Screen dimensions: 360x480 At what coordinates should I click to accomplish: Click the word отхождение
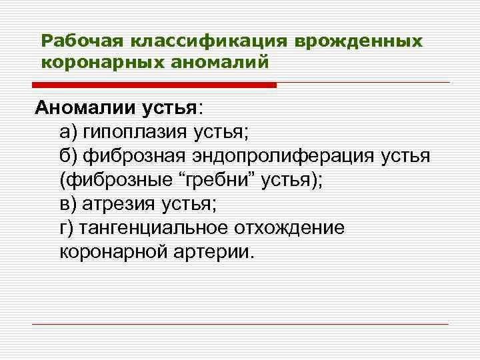pos(289,227)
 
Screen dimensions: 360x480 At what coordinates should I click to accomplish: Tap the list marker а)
pos(67,131)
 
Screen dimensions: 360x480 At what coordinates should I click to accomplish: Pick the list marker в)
pos(67,203)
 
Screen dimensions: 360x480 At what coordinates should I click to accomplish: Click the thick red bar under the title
pos(154,85)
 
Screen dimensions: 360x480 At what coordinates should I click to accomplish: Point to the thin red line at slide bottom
pos(241,325)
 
